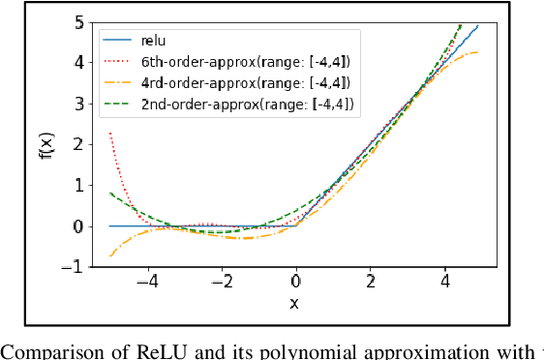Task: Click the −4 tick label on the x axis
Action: point(143,282)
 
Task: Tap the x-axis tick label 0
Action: point(296,282)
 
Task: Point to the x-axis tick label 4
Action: point(445,282)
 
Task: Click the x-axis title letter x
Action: point(295,304)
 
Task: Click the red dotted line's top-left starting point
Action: point(109,133)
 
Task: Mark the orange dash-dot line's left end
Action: point(109,256)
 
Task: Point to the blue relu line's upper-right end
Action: point(477,26)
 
